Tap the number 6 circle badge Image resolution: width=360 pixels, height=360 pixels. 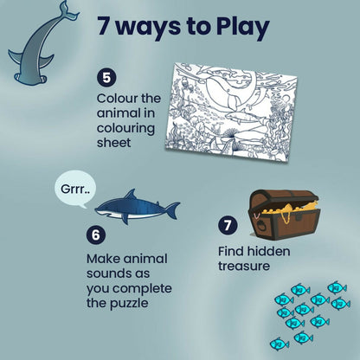(x=95, y=234)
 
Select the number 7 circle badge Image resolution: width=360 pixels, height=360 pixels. (x=228, y=226)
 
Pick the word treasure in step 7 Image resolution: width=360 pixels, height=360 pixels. (x=244, y=266)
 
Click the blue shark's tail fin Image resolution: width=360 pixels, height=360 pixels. (x=172, y=209)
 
